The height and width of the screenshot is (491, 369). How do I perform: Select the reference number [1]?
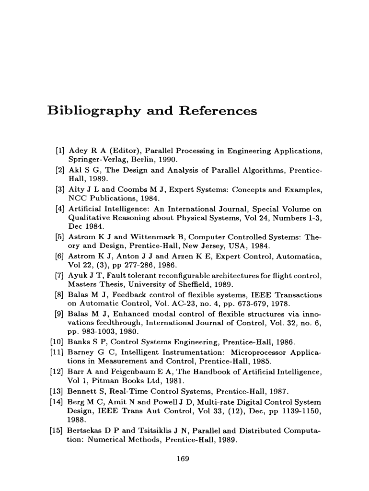click(60, 151)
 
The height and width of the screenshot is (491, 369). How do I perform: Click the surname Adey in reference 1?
click(78, 151)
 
